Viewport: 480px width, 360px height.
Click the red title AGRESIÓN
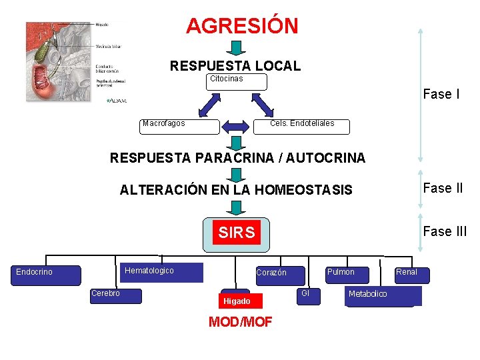click(242, 26)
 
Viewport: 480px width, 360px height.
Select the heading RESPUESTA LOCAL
click(235, 66)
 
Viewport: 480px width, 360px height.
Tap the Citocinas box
click(236, 82)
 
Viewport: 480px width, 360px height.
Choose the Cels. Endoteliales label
click(302, 123)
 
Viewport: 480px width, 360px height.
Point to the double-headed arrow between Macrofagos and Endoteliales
click(235, 127)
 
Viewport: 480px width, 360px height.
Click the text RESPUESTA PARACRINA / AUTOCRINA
click(237, 158)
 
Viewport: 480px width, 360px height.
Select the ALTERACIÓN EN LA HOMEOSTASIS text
click(236, 190)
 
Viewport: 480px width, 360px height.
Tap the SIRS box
click(237, 233)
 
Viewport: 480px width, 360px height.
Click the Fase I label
click(441, 94)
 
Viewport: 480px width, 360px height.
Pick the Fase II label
click(443, 188)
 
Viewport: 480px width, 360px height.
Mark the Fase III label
click(445, 231)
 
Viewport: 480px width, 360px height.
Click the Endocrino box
click(47, 275)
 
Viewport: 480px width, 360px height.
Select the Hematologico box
click(163, 273)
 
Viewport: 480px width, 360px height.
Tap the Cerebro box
click(116, 295)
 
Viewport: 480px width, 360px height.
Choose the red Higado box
click(237, 301)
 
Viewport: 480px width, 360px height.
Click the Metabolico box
click(383, 296)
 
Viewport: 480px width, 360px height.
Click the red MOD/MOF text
click(240, 323)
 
